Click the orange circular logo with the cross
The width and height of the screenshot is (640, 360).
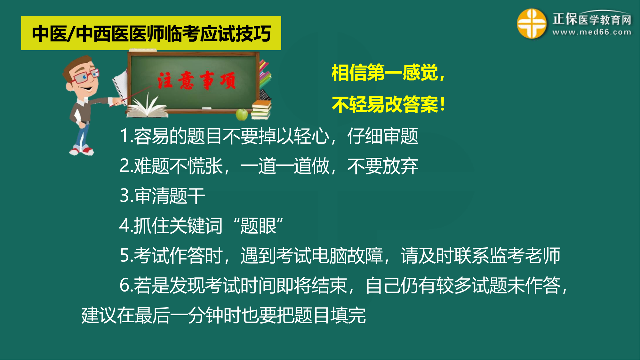click(x=532, y=23)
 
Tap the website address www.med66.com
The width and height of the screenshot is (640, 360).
click(x=592, y=32)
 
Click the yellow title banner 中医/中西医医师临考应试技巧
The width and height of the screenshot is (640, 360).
click(x=151, y=33)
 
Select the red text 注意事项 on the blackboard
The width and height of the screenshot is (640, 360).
click(x=196, y=80)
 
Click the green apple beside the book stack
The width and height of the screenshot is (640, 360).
click(x=242, y=114)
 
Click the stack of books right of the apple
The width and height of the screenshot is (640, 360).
click(x=261, y=110)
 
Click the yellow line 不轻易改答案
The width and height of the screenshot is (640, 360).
click(x=388, y=104)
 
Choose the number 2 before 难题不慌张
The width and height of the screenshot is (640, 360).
click(x=124, y=165)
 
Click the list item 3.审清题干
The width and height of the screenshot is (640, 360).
click(x=162, y=196)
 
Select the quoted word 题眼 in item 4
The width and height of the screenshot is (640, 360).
click(x=258, y=226)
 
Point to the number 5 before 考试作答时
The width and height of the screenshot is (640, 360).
click(x=124, y=255)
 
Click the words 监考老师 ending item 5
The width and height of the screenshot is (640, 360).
click(x=525, y=255)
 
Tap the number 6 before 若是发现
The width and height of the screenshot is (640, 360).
click(x=124, y=285)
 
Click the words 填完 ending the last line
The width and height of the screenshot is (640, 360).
click(x=348, y=315)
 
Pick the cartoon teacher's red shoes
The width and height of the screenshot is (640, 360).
click(x=82, y=149)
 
